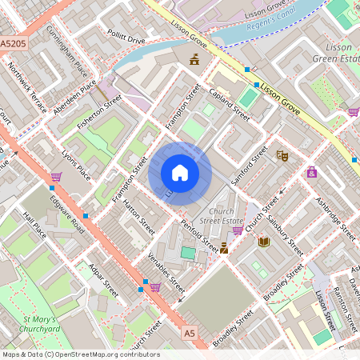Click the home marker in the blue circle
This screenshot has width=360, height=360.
point(180,172)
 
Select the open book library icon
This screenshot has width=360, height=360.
point(263,242)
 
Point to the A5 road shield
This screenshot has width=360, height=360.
point(189,332)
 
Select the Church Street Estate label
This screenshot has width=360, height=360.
point(222,216)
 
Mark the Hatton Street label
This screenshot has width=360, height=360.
point(138,217)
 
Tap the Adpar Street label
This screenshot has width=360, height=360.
point(103,279)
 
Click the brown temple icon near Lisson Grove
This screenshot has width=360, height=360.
point(194,58)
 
